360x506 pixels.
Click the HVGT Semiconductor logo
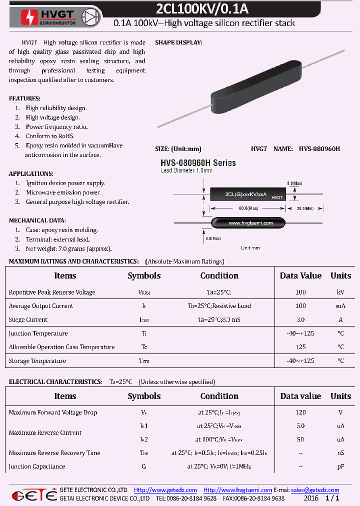click(x=47, y=17)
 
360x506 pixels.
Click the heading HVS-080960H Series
click(x=198, y=163)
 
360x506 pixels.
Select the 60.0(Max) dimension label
click(x=248, y=207)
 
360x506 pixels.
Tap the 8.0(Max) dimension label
click(x=213, y=239)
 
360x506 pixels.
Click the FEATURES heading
click(x=24, y=98)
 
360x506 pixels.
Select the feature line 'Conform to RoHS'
click(x=50, y=136)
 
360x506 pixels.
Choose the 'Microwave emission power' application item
click(x=63, y=192)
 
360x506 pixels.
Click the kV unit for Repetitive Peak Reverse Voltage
click(x=340, y=292)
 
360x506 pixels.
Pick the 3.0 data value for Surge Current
click(x=300, y=319)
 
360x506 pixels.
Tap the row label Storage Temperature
click(x=37, y=361)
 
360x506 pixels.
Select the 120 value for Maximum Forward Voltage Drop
click(x=300, y=412)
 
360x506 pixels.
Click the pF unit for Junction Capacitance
click(x=340, y=466)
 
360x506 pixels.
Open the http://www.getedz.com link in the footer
click(x=165, y=490)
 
